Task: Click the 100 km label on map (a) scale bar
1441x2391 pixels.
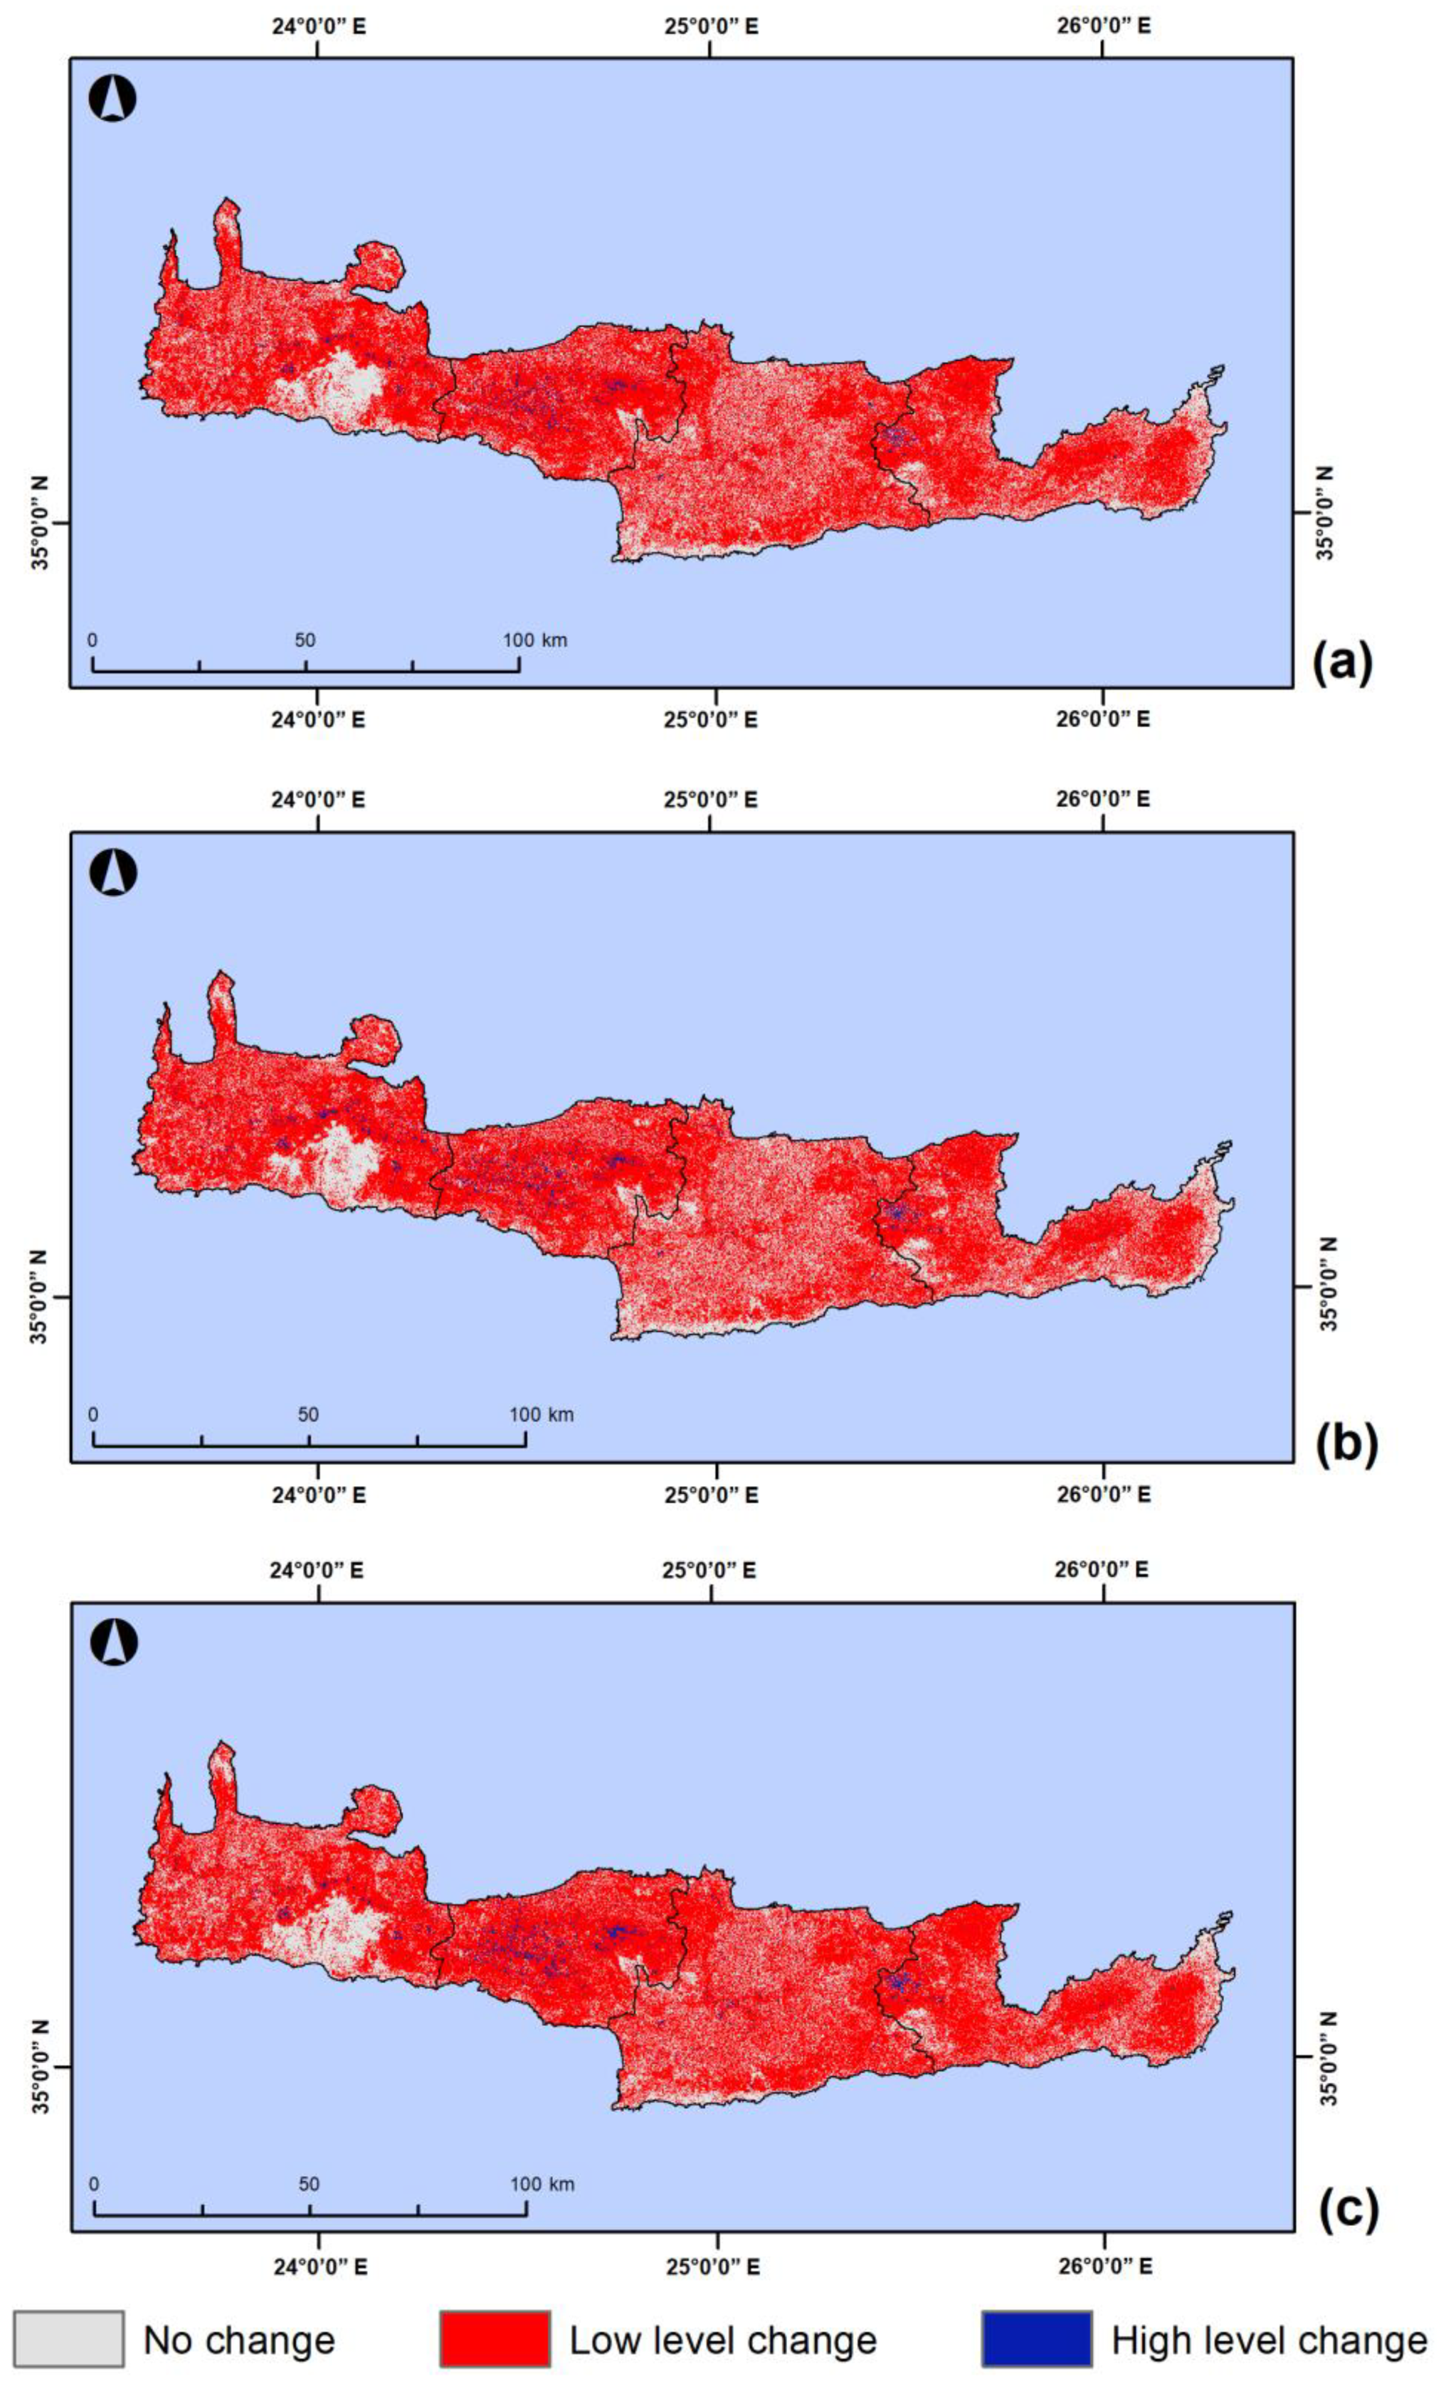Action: coord(534,640)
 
